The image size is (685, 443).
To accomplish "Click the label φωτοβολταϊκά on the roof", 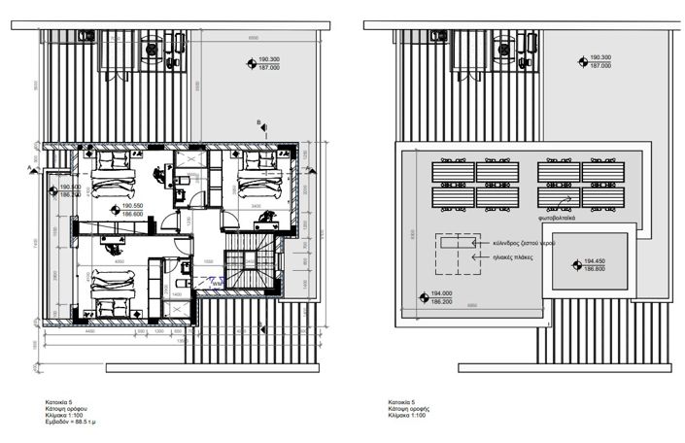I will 561,219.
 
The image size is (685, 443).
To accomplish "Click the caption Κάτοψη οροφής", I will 407,414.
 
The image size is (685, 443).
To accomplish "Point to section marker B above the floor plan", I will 258,123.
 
